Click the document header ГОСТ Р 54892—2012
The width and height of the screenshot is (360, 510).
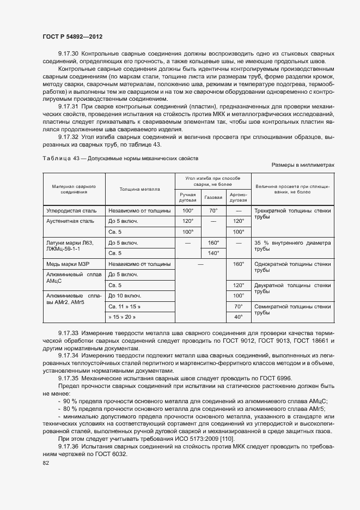(x=72, y=37)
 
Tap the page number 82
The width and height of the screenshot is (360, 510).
(x=45, y=463)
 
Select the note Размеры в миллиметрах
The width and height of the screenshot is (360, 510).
(x=302, y=165)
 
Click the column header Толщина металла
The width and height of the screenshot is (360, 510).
(x=139, y=189)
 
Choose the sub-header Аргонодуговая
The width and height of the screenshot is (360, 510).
(x=238, y=197)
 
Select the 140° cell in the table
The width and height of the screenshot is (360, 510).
(x=213, y=253)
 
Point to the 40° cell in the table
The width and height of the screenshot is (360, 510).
(x=238, y=317)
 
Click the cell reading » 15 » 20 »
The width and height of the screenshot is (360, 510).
(x=122, y=317)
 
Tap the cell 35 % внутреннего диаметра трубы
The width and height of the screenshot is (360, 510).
(x=292, y=246)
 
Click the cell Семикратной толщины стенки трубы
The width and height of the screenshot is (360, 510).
(x=292, y=310)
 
